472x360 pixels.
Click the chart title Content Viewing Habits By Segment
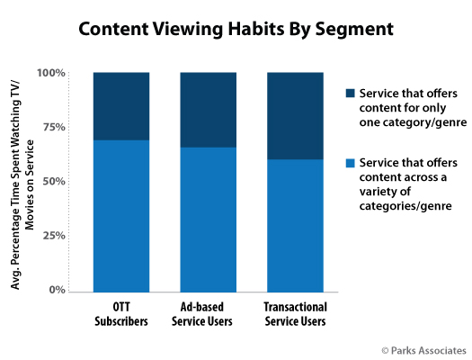[x=236, y=30]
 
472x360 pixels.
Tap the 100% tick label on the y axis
[x=51, y=73]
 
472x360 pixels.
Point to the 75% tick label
[x=54, y=127]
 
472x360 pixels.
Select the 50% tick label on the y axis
[x=54, y=181]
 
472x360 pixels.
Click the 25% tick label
[x=54, y=235]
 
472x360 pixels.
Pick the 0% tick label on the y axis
[x=58, y=290]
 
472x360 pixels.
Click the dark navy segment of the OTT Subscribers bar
[x=121, y=106]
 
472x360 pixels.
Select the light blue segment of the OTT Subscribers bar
[x=121, y=216]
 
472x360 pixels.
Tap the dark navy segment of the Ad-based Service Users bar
[x=209, y=110]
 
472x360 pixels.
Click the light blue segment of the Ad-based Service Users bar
[x=209, y=220]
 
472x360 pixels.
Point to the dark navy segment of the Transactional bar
[x=295, y=116]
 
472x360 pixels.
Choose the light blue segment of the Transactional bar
[x=295, y=226]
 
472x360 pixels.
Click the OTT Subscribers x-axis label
[x=121, y=314]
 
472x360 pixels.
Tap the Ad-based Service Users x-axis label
[x=202, y=314]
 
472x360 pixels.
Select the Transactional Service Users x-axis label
[x=295, y=314]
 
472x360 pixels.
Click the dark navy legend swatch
[x=351, y=93]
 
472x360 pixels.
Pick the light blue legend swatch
[x=351, y=163]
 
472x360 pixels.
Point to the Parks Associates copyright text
[x=423, y=351]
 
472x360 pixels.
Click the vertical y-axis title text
[x=22, y=184]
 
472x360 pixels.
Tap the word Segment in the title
[x=354, y=30]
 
